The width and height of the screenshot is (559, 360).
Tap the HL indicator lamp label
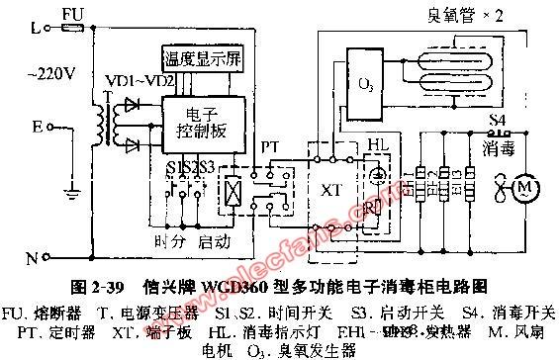(x=379, y=145)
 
